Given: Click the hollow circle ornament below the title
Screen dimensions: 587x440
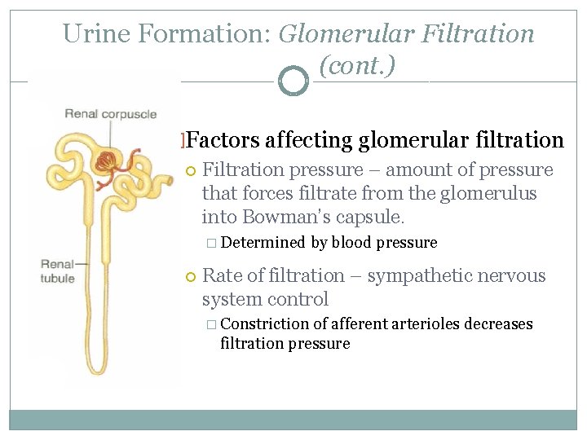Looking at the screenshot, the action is [293, 81].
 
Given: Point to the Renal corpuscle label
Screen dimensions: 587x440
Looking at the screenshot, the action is [110, 114].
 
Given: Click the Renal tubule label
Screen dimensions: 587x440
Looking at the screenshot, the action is [58, 271].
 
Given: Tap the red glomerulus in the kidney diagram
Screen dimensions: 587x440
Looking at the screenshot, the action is [107, 161].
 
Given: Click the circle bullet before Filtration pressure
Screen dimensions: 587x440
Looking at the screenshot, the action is [192, 171].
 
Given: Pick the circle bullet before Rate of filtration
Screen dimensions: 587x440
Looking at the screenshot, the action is [192, 277].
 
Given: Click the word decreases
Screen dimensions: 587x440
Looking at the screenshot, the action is [498, 324].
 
